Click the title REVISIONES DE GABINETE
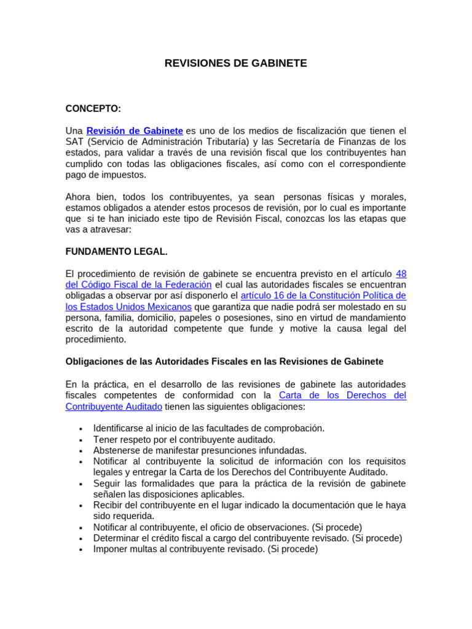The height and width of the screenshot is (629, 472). (x=235, y=63)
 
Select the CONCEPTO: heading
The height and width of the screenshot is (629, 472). (x=93, y=109)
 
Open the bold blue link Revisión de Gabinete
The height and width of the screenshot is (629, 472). (x=135, y=131)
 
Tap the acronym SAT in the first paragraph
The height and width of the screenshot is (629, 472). (x=75, y=142)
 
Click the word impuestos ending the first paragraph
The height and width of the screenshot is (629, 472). (x=125, y=175)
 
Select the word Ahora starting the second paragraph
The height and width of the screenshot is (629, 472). (x=79, y=197)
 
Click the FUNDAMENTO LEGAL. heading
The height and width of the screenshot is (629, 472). (x=116, y=252)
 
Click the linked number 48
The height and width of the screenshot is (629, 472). (x=401, y=274)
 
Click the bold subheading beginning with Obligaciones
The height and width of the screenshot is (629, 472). (x=224, y=362)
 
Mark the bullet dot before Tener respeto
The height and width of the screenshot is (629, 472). (x=81, y=440)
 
